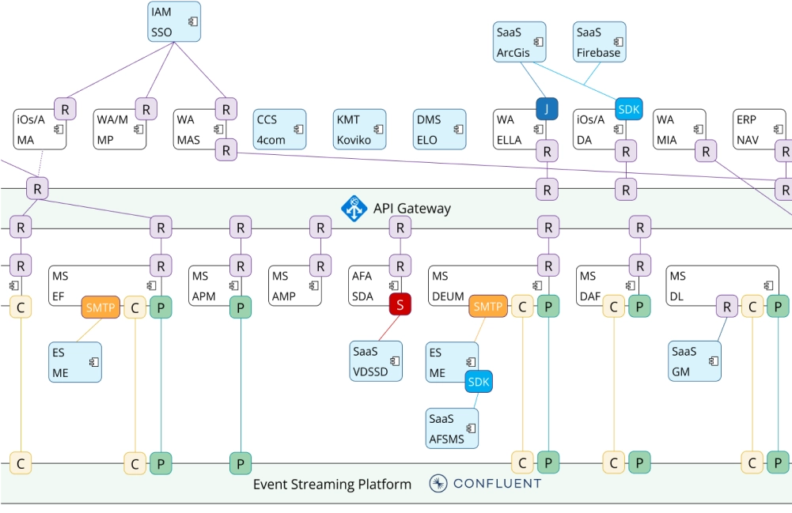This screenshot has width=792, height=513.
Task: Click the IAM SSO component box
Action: point(174,22)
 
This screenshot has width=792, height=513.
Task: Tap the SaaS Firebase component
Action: point(599,42)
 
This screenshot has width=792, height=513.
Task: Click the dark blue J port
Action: point(547,109)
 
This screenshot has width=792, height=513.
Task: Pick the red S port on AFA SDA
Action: point(400,305)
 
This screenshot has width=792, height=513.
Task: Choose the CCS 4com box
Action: point(280,130)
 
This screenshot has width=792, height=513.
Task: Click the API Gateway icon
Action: point(354,209)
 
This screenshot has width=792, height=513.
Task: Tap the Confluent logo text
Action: point(497,484)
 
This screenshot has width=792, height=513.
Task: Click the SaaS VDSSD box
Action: point(376,361)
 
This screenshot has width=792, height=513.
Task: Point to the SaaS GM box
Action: point(694,361)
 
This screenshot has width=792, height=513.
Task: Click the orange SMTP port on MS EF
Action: point(100,307)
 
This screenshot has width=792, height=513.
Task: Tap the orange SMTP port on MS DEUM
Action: point(487,307)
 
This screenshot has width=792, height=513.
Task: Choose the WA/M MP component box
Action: point(119,130)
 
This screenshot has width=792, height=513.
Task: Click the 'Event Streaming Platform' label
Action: point(332,485)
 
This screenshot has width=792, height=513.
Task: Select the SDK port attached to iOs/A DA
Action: point(630,109)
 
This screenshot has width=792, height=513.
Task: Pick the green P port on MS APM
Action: point(241,307)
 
